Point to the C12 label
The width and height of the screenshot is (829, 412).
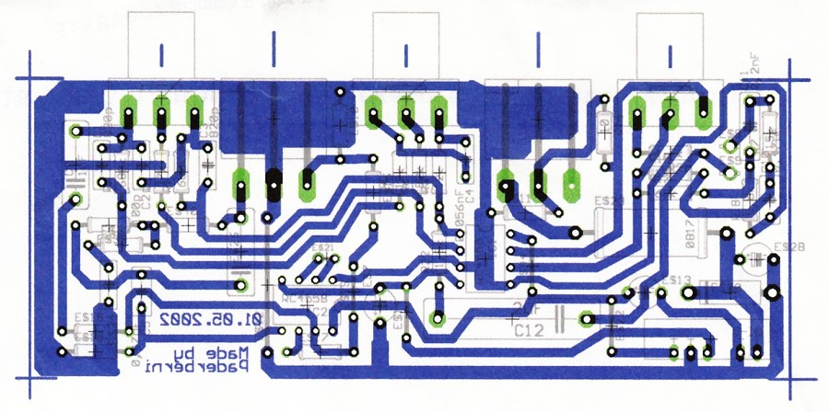pyautogui.click(x=527, y=328)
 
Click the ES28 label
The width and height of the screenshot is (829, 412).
pyautogui.click(x=789, y=246)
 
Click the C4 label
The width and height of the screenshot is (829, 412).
pyautogui.click(x=469, y=195)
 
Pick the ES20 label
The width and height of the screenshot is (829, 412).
pyautogui.click(x=609, y=200)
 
